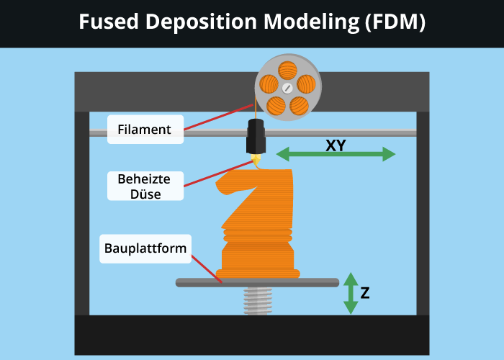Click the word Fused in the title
107,23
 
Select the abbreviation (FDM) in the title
395,23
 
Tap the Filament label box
145,130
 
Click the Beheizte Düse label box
144,186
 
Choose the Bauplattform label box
145,248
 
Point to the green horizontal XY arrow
336,154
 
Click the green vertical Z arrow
351,293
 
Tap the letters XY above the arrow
336,144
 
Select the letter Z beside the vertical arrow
366,293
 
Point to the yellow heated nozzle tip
256,161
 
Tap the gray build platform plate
257,282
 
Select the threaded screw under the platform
257,301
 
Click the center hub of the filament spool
287,88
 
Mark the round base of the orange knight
258,272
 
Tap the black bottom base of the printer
252,335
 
